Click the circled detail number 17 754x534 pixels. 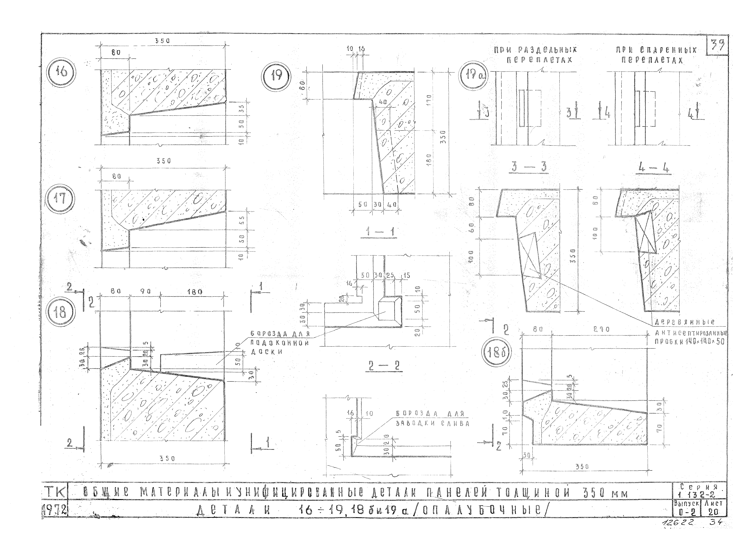(60, 199)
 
